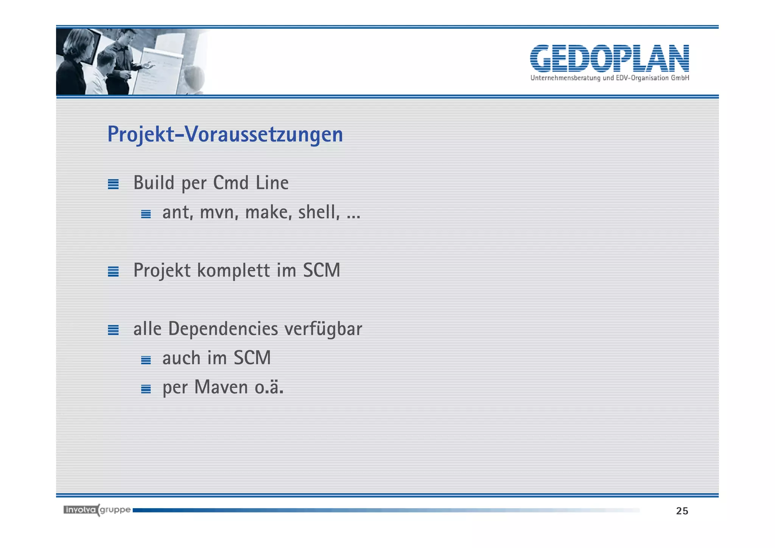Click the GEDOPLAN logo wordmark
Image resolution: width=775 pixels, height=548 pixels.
click(609, 58)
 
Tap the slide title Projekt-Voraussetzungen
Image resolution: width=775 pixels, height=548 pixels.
click(225, 134)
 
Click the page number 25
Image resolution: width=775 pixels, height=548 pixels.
click(682, 511)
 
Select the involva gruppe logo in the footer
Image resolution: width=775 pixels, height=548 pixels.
click(97, 510)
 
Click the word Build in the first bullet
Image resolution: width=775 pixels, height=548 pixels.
click(154, 183)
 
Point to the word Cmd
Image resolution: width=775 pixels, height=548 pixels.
click(230, 183)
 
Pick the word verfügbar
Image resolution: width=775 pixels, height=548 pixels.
click(323, 329)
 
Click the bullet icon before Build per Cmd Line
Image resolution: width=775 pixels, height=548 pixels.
click(113, 184)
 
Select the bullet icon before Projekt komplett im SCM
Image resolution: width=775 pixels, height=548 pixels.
click(113, 272)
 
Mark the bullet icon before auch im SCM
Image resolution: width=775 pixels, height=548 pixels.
click(146, 360)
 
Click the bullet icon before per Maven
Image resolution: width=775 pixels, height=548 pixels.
click(146, 389)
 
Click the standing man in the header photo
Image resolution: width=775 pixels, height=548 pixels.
click(125, 57)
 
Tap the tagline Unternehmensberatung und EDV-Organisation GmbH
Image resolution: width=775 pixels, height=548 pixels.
click(609, 78)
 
